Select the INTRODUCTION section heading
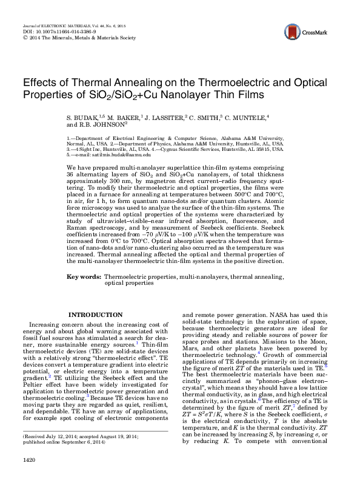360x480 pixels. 96,315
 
